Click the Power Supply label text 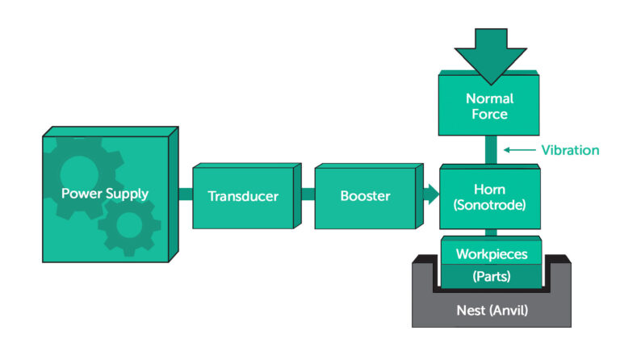[x=105, y=194]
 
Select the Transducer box [x=242, y=196]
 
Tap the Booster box [x=365, y=195]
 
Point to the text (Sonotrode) [x=489, y=204]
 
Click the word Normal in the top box [x=489, y=98]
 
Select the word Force [x=489, y=115]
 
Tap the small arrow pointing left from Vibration [x=517, y=149]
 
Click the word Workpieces [x=492, y=254]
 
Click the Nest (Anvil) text [x=491, y=308]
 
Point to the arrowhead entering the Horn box [x=432, y=195]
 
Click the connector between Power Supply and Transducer [x=184, y=195]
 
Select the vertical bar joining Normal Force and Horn [x=489, y=149]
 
